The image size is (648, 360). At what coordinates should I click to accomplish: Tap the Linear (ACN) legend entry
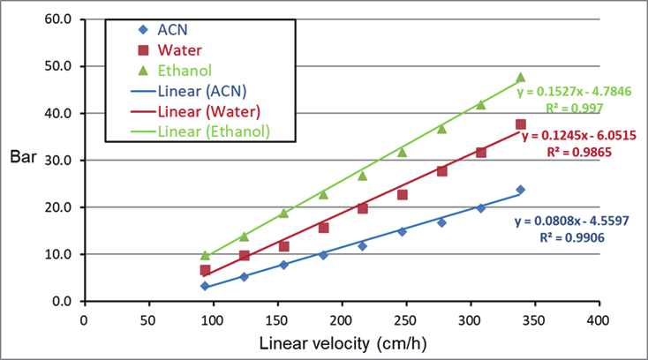pos(201,91)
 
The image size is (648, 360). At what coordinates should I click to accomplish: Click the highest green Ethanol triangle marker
pos(520,77)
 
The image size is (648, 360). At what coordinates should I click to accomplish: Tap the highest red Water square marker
pos(520,124)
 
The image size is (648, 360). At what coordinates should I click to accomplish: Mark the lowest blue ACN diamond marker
pos(205,286)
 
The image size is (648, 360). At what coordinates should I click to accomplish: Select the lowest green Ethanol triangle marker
pos(205,255)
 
